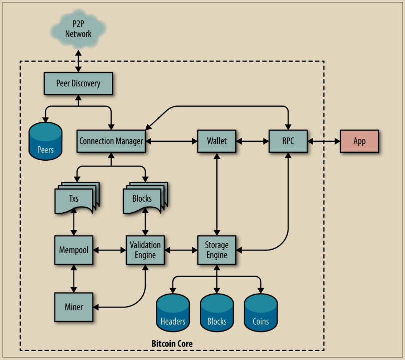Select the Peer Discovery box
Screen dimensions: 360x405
tap(78, 83)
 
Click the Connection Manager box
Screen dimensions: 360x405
tap(111, 141)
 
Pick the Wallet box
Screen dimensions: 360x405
tap(217, 141)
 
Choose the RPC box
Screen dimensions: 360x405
tap(288, 141)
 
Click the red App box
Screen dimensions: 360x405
tap(360, 141)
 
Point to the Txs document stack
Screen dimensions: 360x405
tap(75, 198)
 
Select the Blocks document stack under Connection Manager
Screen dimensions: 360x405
tap(143, 198)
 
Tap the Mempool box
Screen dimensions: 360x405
tap(74, 249)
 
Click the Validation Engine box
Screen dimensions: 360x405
tap(145, 249)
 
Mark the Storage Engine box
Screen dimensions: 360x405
tap(217, 249)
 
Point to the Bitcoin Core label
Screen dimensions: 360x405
tap(172, 344)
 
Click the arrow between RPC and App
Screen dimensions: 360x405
tap(323, 141)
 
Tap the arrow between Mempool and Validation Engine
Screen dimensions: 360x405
tap(109, 249)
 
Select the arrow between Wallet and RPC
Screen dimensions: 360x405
tap(252, 141)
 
